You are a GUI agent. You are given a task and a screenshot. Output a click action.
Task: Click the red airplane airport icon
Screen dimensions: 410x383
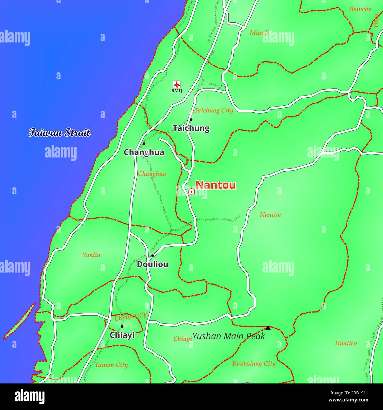(x=177, y=84)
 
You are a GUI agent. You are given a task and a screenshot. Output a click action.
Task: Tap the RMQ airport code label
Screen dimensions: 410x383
(x=177, y=91)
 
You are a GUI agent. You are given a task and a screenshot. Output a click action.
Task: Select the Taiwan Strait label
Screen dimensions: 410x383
(x=59, y=133)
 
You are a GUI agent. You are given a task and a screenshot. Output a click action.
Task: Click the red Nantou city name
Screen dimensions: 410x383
(x=216, y=185)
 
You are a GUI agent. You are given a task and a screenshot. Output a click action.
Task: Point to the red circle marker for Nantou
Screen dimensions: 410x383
(x=191, y=192)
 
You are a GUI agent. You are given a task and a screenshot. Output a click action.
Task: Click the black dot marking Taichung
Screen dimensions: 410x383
(x=191, y=119)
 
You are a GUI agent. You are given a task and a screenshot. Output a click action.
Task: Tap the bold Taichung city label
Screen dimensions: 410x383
(x=191, y=128)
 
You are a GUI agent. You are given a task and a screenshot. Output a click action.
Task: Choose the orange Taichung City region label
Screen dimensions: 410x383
(x=214, y=111)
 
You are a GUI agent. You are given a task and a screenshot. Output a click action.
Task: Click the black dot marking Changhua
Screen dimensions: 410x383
(x=144, y=144)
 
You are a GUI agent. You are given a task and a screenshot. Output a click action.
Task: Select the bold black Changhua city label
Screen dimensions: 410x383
(x=144, y=152)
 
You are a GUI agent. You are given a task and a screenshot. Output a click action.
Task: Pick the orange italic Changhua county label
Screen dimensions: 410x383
(x=152, y=174)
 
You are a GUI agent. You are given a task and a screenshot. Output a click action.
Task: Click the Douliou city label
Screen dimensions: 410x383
(x=153, y=264)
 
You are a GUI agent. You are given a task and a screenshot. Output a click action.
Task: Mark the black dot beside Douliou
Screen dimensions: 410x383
(x=152, y=256)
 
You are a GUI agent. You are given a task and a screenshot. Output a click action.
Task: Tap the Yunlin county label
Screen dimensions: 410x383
(x=91, y=255)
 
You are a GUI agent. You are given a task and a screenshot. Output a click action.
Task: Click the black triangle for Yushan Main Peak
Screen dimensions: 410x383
(x=268, y=328)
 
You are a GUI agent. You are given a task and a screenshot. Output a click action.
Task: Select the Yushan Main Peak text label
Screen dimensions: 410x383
(x=229, y=336)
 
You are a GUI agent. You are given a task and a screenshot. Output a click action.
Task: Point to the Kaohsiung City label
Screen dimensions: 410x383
(x=254, y=364)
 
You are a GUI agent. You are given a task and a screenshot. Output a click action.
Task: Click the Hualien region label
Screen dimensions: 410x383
(x=346, y=343)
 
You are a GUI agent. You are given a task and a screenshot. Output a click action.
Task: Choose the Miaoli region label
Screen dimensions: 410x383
(x=259, y=33)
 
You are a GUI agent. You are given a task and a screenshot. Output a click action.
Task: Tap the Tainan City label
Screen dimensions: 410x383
(x=111, y=365)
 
